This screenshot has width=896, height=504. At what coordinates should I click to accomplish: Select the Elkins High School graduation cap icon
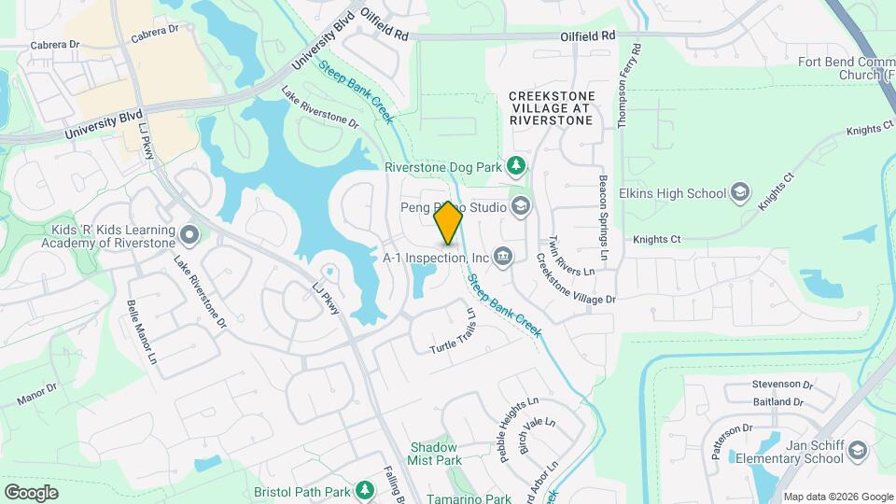740,193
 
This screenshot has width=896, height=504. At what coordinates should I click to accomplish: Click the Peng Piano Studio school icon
520,206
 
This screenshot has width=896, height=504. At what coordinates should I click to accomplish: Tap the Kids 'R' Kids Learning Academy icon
190,233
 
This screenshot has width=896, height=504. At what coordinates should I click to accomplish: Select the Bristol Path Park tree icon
366,491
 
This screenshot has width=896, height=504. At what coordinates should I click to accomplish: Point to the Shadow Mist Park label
435,454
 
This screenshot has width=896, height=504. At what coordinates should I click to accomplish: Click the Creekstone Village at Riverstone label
551,108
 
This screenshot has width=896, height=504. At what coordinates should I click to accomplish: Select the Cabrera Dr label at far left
56,44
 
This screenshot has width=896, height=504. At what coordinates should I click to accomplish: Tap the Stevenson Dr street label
782,385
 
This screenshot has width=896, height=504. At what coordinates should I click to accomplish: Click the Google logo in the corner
31,493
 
